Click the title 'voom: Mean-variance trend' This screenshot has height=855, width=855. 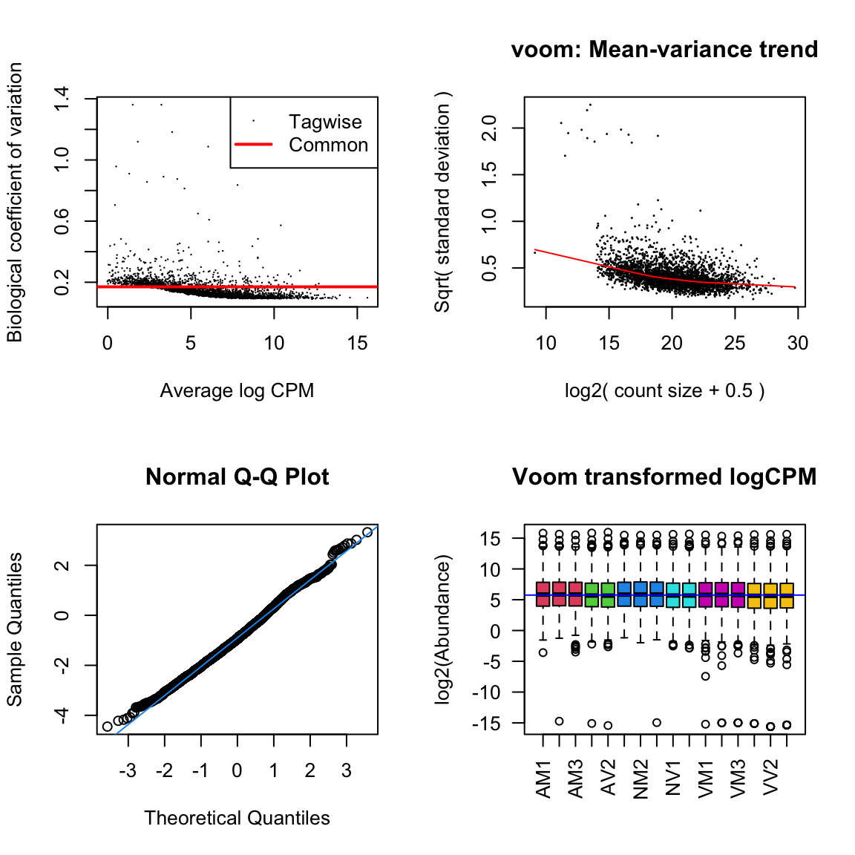coord(664,50)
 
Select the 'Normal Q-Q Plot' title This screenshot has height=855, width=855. coord(237,476)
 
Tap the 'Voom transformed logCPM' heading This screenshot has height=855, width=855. coord(664,476)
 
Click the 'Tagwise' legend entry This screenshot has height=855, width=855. coord(325,122)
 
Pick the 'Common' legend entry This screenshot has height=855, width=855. coord(328,145)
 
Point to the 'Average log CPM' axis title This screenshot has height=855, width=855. coord(237,390)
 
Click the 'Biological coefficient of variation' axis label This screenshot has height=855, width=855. coord(15,202)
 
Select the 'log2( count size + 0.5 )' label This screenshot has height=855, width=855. coord(664,390)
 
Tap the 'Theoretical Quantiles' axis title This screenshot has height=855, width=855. coord(237,818)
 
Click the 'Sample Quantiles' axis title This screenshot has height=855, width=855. coord(15,629)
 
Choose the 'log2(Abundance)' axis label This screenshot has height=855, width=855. coord(443,629)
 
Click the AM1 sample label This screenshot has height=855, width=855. coord(544,779)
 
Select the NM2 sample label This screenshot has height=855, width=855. coord(641,779)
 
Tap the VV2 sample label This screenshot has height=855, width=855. coord(771,776)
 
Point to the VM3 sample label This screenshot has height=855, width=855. coord(738,779)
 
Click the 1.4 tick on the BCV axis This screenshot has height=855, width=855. coord(62,98)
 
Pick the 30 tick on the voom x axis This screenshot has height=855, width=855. coord(798,343)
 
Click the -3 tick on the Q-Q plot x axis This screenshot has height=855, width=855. coord(128,770)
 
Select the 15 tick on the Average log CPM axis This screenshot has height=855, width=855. coord(357,343)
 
